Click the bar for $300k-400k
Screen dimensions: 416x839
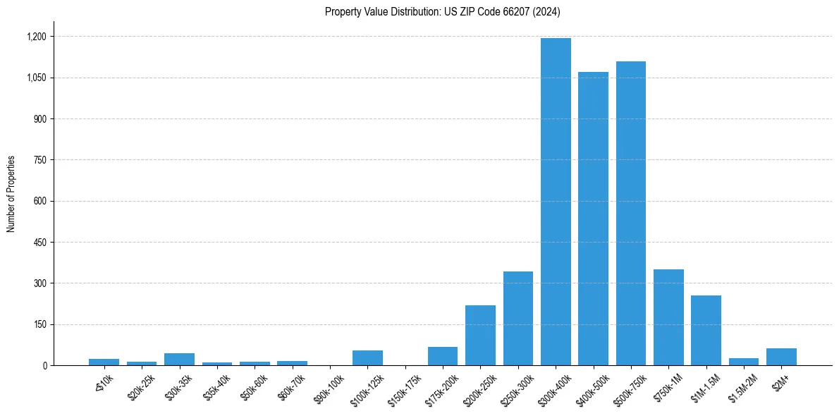point(556,202)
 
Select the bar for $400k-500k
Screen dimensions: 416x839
point(593,219)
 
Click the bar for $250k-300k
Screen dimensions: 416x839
point(518,318)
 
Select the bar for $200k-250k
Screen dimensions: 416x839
point(480,335)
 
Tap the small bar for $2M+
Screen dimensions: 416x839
point(781,357)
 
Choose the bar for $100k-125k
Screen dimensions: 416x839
point(367,358)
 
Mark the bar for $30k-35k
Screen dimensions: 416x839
point(179,360)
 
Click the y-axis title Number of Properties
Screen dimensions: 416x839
point(11,194)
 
